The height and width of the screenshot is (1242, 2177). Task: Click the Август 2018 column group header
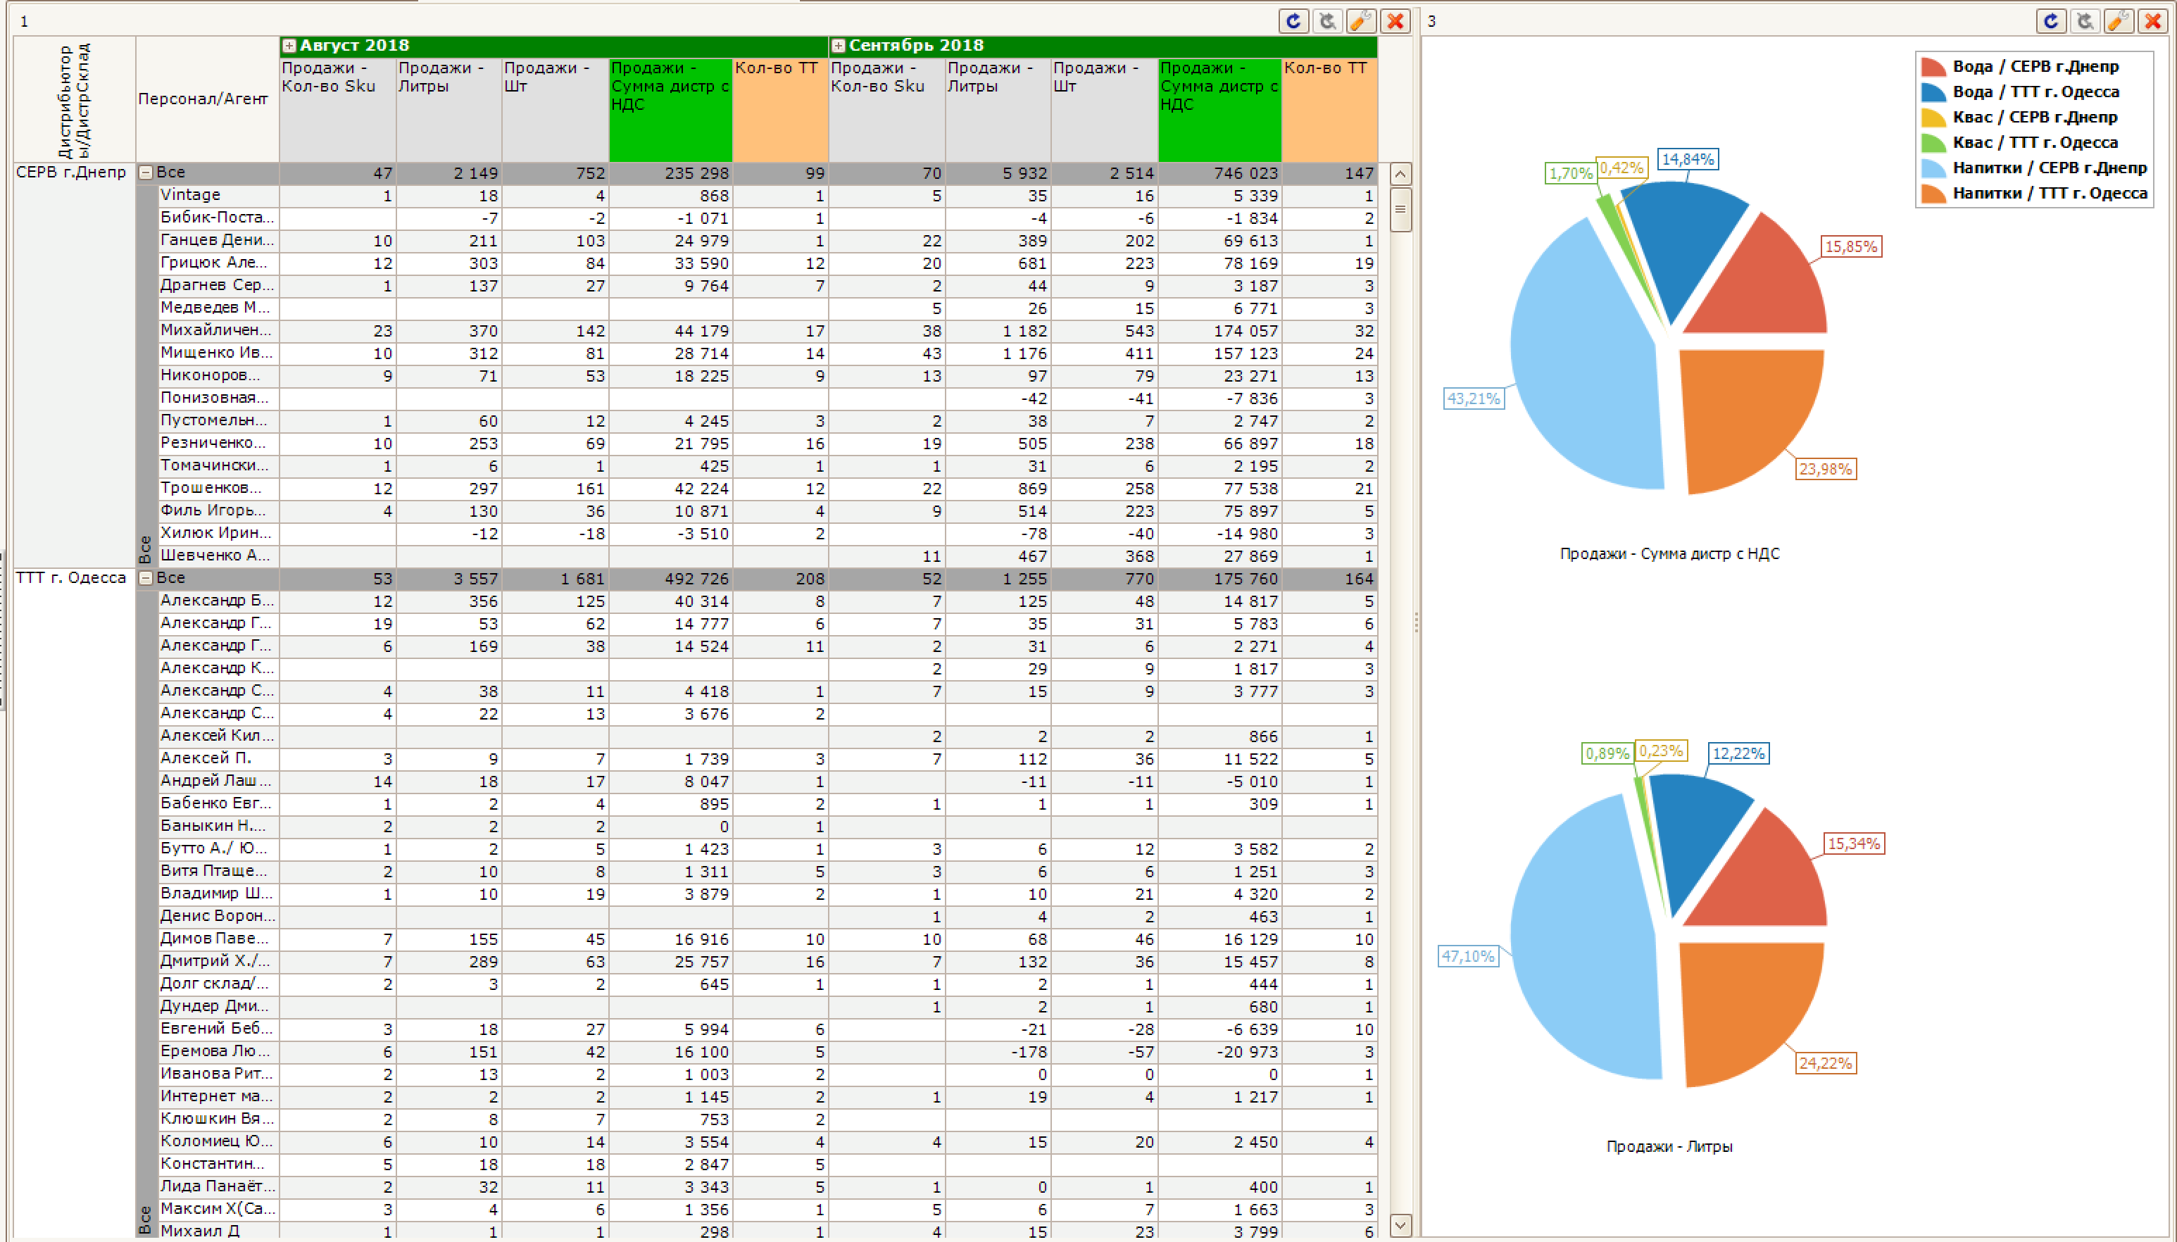(x=354, y=46)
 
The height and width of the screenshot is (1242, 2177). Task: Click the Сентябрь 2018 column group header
(x=916, y=46)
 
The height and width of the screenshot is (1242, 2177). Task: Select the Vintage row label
(x=190, y=195)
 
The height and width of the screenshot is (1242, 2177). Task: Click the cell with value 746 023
(x=1245, y=173)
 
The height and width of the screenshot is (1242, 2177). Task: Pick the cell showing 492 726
(x=696, y=579)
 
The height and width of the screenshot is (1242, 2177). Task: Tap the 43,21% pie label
(x=1473, y=399)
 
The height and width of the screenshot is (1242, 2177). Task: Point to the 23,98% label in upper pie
(x=1825, y=469)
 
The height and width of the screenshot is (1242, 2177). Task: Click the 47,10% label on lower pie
(x=1467, y=956)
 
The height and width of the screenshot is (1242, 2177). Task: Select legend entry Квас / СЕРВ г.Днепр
(x=2035, y=117)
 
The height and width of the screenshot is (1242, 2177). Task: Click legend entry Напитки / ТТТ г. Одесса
(x=2049, y=193)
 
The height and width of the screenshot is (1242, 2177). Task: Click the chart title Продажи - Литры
(x=1669, y=1146)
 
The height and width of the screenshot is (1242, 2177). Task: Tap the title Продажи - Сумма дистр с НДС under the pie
(x=1669, y=553)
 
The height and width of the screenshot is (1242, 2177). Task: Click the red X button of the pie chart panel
(x=2153, y=20)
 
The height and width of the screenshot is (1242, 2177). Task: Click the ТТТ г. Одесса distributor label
(x=71, y=578)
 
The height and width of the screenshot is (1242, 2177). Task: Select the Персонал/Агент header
(x=203, y=99)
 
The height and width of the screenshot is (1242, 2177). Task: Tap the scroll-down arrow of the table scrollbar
(x=1400, y=1225)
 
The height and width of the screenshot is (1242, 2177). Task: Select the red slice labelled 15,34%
(x=1761, y=879)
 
